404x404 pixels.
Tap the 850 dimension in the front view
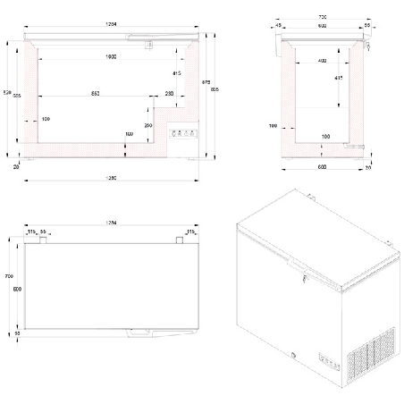95,94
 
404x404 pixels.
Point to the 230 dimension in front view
170,94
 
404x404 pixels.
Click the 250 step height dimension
148,126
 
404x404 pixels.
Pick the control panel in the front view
184,135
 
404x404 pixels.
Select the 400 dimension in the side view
319,61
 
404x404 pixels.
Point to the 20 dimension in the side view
368,166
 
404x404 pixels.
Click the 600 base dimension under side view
320,166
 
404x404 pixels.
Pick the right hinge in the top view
180,240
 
